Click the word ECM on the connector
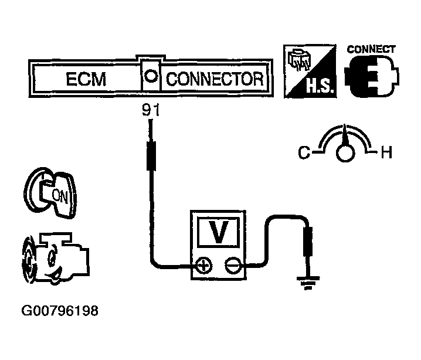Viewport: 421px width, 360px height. point(86,79)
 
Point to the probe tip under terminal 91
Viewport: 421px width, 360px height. point(151,152)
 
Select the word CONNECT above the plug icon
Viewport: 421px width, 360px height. point(371,50)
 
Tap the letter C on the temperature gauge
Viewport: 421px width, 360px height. point(303,154)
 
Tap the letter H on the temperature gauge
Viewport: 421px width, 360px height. point(385,154)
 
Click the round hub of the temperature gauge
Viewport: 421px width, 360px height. point(345,153)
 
